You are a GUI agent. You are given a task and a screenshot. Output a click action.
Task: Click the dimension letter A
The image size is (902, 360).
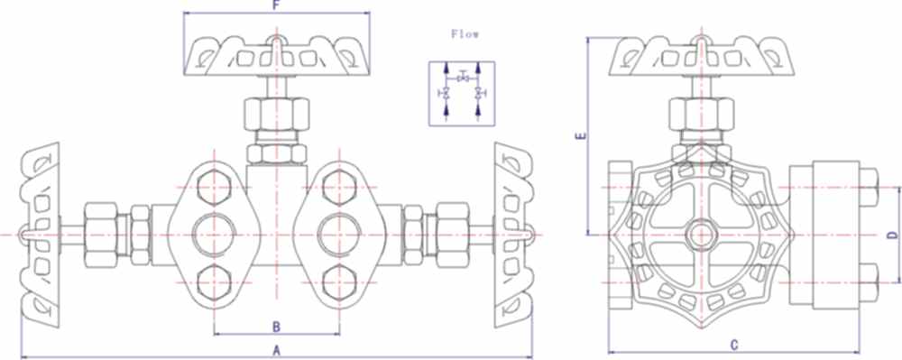click(x=277, y=348)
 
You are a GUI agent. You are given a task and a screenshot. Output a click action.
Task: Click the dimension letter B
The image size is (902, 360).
click(x=277, y=325)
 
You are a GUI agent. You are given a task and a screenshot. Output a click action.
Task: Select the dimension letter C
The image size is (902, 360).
click(x=734, y=344)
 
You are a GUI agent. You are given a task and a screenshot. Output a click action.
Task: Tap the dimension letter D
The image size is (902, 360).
click(x=888, y=235)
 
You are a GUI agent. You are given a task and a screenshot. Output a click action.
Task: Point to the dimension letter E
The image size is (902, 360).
click(x=582, y=137)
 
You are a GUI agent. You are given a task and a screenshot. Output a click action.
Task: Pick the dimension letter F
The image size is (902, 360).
click(x=276, y=5)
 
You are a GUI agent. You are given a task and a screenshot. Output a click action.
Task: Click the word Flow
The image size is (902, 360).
click(x=465, y=33)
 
